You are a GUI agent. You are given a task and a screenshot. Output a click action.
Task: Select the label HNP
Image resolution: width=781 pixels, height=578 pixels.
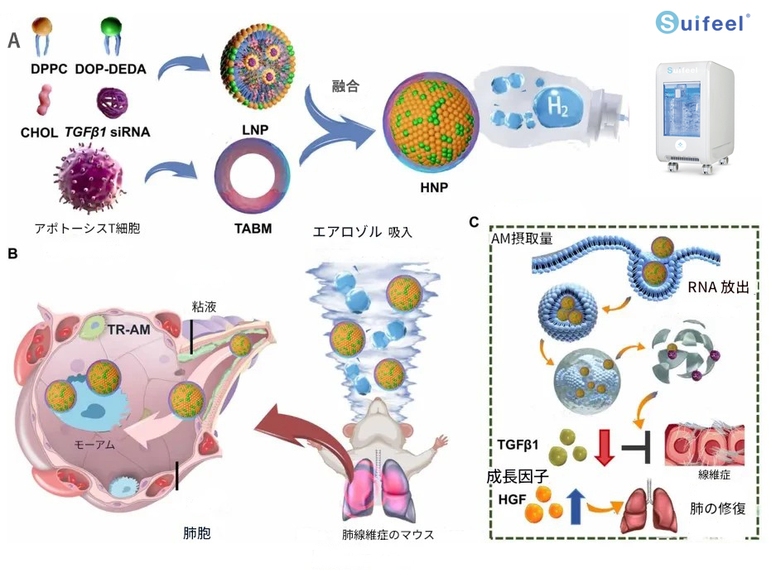pos(435,189)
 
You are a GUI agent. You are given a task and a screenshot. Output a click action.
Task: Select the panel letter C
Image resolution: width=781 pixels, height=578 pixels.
pos(474,221)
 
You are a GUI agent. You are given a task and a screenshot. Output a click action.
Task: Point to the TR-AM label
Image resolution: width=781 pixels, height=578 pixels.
pos(128,330)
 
